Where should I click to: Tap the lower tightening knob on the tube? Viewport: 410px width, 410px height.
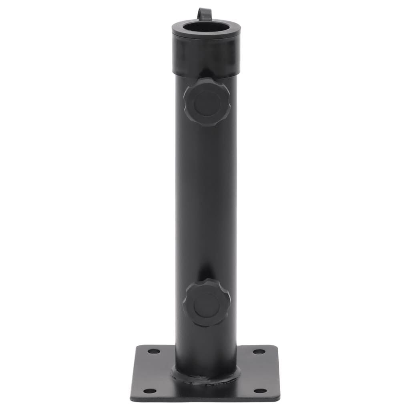(207, 303)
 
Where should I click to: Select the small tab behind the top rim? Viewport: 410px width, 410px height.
(204, 14)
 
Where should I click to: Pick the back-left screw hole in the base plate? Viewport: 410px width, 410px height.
(154, 351)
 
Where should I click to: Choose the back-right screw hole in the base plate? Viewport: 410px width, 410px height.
(259, 352)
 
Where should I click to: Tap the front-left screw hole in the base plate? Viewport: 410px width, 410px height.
(149, 390)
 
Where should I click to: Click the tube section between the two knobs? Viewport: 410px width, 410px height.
(206, 200)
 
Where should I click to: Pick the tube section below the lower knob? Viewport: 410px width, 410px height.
(206, 344)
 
